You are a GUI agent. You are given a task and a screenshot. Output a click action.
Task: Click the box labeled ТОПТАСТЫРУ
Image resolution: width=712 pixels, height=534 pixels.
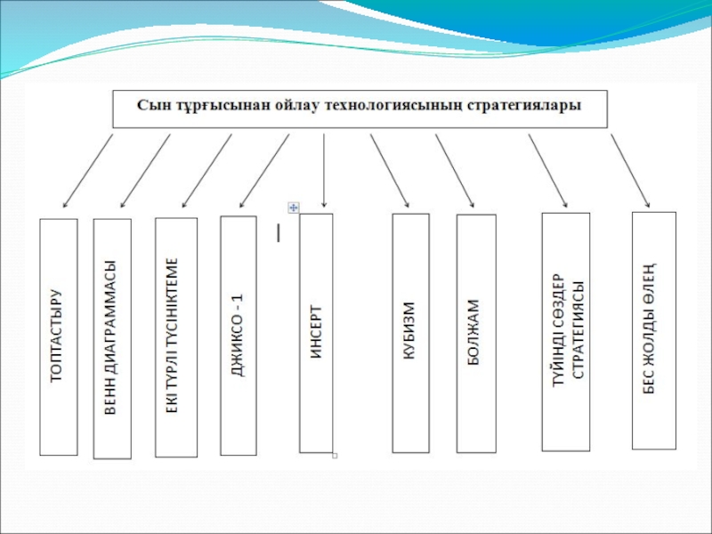pos(59,337)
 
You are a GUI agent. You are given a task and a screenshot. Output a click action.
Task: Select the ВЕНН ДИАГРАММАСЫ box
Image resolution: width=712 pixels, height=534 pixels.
pos(112,339)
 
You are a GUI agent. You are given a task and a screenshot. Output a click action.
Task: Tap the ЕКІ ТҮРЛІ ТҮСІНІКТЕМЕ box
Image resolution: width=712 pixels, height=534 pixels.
pos(176,337)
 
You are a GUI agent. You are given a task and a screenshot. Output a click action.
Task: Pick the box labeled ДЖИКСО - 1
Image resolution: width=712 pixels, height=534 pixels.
pos(239,336)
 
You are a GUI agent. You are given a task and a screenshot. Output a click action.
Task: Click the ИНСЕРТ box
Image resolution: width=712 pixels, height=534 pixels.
pos(316,333)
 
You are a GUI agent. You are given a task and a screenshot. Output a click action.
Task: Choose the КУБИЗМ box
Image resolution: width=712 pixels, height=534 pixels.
pos(410,333)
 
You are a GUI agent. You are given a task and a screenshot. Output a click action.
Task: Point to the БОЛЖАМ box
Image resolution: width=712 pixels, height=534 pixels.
pos(476,333)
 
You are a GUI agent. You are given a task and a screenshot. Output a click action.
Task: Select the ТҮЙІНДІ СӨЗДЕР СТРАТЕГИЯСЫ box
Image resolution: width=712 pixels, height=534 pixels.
pos(566,331)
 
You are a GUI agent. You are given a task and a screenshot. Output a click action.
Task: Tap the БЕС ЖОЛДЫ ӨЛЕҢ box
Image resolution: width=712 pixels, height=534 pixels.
pos(654,330)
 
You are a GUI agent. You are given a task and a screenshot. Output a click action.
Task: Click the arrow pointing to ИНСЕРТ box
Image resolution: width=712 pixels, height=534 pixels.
pos(324,170)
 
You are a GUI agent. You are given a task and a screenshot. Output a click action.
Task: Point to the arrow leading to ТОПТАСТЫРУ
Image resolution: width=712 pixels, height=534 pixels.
pos(87,171)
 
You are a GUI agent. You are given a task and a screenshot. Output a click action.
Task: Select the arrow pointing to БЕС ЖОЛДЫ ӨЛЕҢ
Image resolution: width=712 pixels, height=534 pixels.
pos(630,171)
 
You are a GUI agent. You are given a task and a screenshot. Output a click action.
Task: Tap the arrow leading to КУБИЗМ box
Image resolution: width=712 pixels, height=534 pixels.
pos(390,171)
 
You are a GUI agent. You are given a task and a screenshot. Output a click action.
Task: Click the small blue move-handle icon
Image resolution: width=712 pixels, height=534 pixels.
pos(294,207)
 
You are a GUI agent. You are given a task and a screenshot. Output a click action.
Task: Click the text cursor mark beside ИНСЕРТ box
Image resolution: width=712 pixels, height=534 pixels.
pos(278,232)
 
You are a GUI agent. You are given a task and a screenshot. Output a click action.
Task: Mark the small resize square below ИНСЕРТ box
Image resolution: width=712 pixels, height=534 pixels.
pos(335,456)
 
